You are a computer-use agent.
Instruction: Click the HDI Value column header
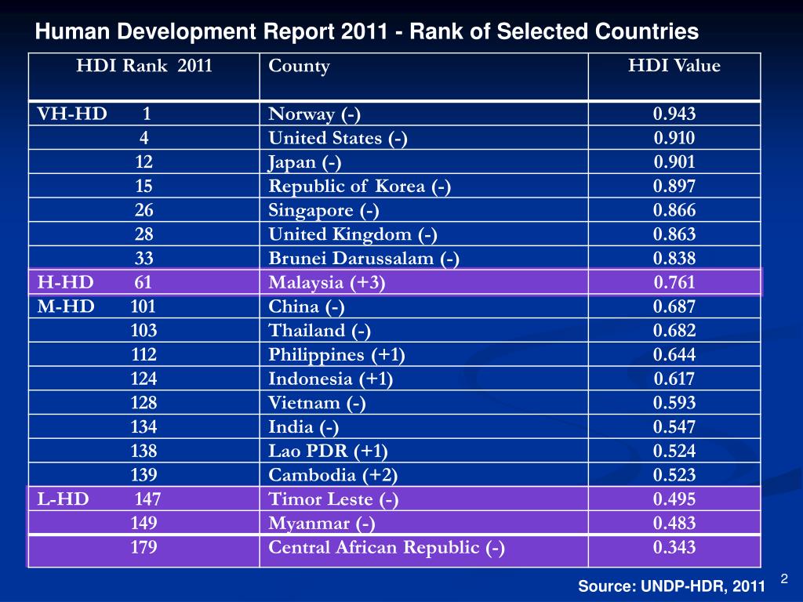pyautogui.click(x=674, y=67)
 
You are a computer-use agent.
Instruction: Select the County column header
pyautogui.click(x=299, y=67)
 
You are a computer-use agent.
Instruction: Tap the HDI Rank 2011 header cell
pyautogui.click(x=144, y=67)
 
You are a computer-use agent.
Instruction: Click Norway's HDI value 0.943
pyautogui.click(x=674, y=114)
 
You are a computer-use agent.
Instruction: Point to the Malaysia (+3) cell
pyautogui.click(x=326, y=283)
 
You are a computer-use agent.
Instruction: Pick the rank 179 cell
pyautogui.click(x=144, y=548)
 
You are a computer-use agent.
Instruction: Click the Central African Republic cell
pyautogui.click(x=387, y=548)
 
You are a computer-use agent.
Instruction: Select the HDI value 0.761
pyautogui.click(x=674, y=283)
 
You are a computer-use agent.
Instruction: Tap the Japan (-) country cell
pyautogui.click(x=305, y=163)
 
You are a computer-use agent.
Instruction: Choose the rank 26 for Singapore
pyautogui.click(x=144, y=210)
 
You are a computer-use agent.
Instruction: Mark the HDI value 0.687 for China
pyautogui.click(x=674, y=307)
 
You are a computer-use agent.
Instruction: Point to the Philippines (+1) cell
pyautogui.click(x=336, y=355)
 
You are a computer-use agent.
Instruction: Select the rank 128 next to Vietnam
pyautogui.click(x=144, y=403)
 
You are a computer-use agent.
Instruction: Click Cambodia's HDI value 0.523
pyautogui.click(x=674, y=475)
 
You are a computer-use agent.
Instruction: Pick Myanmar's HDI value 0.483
pyautogui.click(x=674, y=524)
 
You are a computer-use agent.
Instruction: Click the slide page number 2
pyautogui.click(x=783, y=578)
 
